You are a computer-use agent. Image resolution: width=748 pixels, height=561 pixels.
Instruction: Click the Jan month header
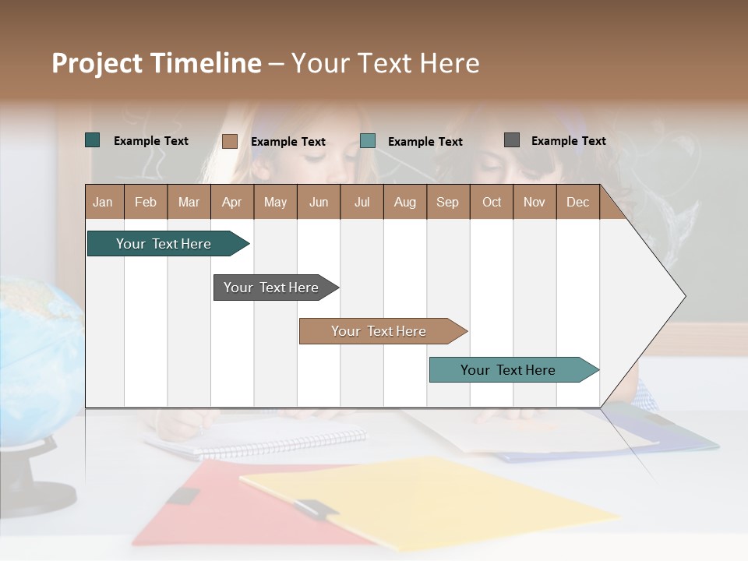[x=104, y=202]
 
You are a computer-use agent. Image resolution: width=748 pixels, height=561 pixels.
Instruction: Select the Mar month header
[x=189, y=202]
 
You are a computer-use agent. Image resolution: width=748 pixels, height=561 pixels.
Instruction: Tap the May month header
[x=275, y=202]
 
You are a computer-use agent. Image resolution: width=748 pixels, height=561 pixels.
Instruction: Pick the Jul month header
[x=362, y=202]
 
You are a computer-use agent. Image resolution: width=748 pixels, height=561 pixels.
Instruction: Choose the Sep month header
[x=447, y=202]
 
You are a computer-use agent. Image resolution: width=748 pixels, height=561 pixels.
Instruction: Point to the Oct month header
[x=492, y=202]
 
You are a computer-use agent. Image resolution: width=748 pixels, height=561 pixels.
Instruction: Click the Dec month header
[x=577, y=202]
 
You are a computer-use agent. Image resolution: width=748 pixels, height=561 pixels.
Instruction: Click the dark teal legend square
[x=93, y=140]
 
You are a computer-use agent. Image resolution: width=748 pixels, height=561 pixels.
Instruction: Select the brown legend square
[x=230, y=141]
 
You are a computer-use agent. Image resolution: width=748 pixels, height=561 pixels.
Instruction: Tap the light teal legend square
[x=368, y=141]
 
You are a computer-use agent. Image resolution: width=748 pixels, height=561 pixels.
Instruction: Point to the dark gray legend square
[x=512, y=140]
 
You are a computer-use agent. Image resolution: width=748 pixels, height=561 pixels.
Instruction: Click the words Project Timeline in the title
[x=157, y=63]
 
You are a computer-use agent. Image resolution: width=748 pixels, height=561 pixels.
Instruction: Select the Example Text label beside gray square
[x=568, y=141]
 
